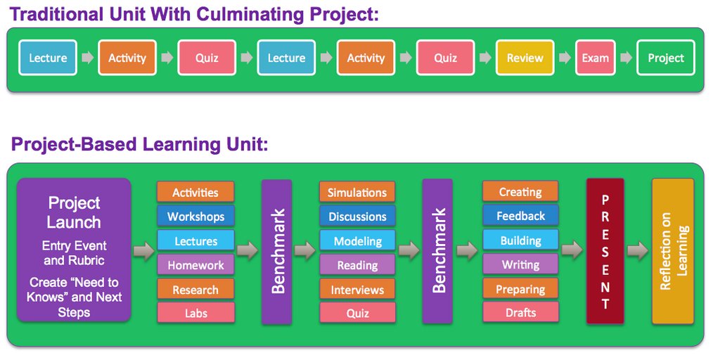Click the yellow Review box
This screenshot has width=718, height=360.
pos(525,58)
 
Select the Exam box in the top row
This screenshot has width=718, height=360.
pos(595,58)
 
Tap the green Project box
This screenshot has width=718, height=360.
pos(665,58)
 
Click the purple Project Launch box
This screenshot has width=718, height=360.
pos(74,250)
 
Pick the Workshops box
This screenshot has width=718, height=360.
pos(195,217)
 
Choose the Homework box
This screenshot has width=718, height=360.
pos(195,265)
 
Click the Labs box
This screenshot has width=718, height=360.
pos(195,314)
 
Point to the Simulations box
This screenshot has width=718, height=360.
pos(357,193)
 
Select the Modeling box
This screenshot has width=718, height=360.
pos(357,241)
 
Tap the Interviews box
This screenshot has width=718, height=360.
pos(357,290)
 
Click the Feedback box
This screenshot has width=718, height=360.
pos(520,216)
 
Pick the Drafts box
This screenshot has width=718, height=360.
pos(520,312)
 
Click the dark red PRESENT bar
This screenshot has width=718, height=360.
pos(605,251)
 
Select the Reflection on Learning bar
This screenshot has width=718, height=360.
pos(672,251)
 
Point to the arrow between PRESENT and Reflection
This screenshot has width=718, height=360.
pos(637,250)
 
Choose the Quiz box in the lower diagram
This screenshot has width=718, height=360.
pos(357,314)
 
